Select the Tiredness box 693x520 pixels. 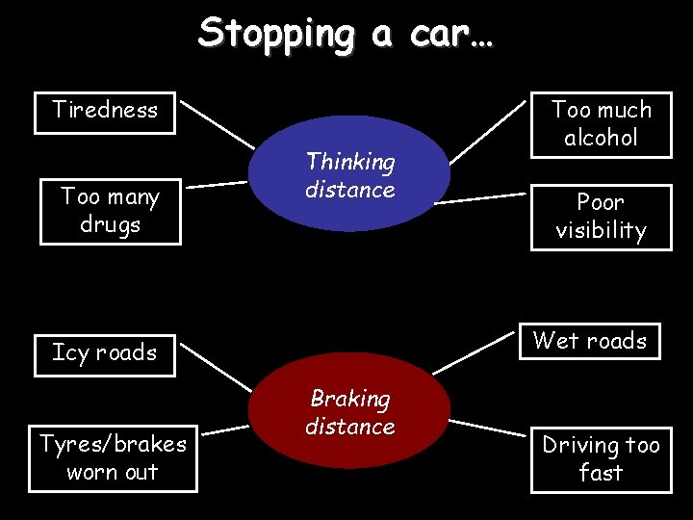(x=105, y=110)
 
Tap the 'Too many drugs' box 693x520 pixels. (x=110, y=211)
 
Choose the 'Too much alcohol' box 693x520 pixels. (x=601, y=123)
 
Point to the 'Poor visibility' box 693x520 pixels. (x=601, y=217)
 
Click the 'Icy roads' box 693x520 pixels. (x=105, y=352)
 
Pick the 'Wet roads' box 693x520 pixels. (x=590, y=340)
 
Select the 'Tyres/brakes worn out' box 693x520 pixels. (x=113, y=457)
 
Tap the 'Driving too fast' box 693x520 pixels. (x=601, y=458)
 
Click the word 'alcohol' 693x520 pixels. (x=601, y=138)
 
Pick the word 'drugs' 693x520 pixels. (x=110, y=225)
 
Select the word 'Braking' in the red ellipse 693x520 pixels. (x=349, y=399)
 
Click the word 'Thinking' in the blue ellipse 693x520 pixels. (x=350, y=162)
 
